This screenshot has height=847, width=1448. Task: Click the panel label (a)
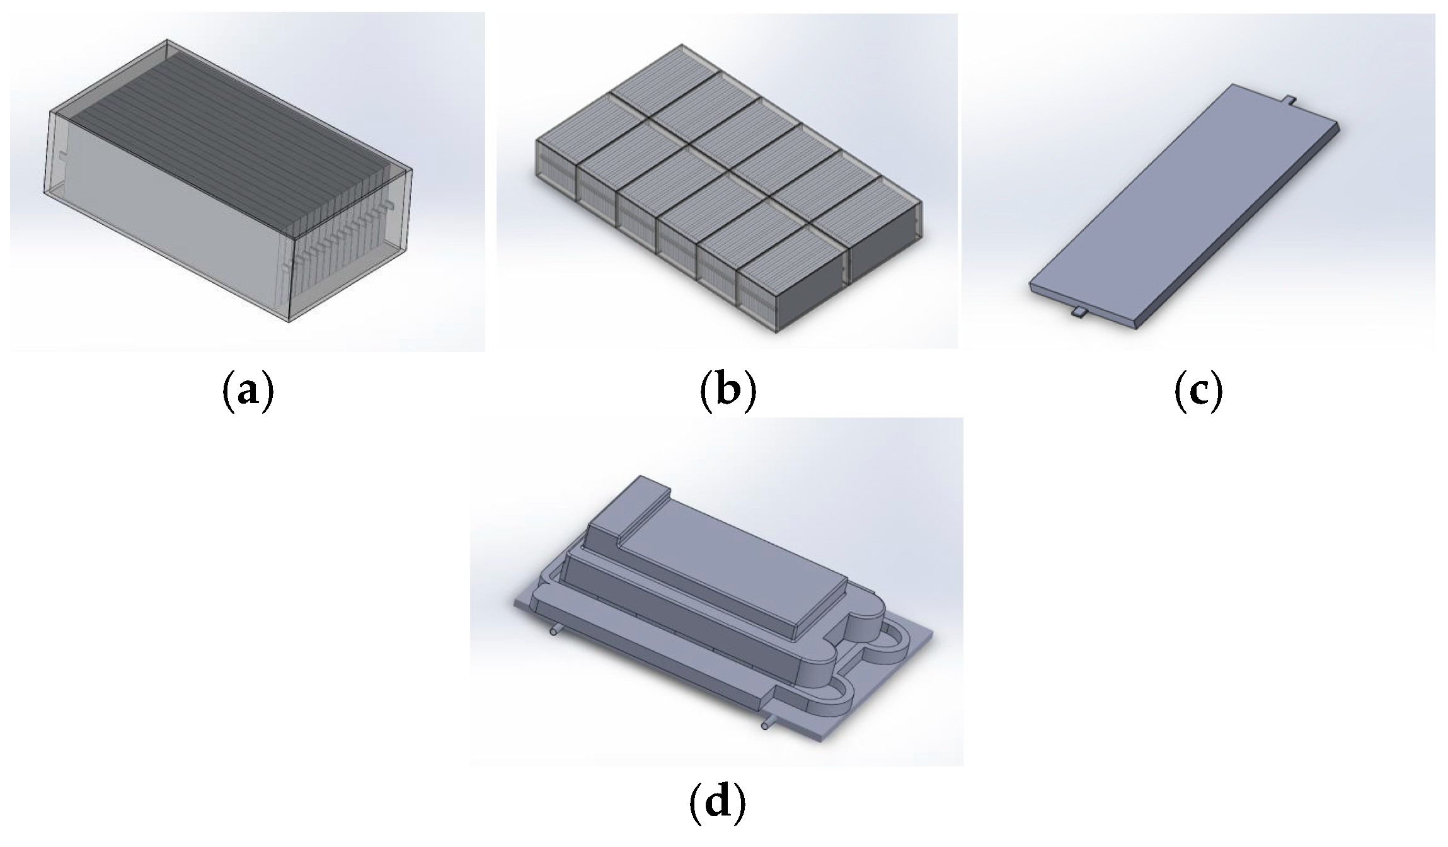tap(248, 392)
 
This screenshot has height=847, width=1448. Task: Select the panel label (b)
tap(728, 392)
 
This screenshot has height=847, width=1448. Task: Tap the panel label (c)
tap(1199, 392)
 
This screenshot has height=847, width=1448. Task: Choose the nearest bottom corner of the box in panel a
tap(289, 321)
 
